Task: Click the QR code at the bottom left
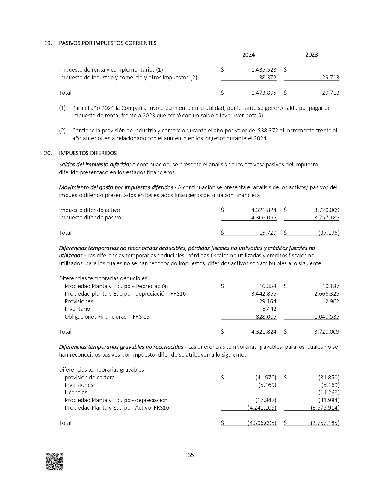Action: pos(54,462)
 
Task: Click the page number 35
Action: pos(191,455)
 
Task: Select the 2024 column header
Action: pos(248,55)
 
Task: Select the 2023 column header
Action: pos(311,55)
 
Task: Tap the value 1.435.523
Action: pos(264,70)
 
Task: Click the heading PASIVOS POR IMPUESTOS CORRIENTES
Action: pos(108,43)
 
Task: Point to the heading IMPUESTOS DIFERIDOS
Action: pos(88,153)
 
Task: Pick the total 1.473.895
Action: pos(264,93)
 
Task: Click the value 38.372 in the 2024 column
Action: pos(268,78)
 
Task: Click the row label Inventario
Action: pos(77,309)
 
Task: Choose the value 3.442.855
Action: pos(264,294)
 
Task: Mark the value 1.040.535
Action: pos(327,317)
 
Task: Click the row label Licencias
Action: pos(76,393)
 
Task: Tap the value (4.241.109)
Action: pos(262,408)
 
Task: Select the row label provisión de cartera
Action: pos(90,378)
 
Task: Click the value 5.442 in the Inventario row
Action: pos(269,309)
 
